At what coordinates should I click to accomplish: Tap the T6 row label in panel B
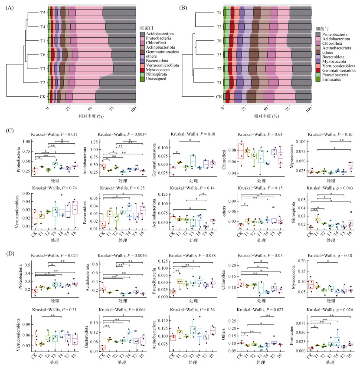[219, 41]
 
